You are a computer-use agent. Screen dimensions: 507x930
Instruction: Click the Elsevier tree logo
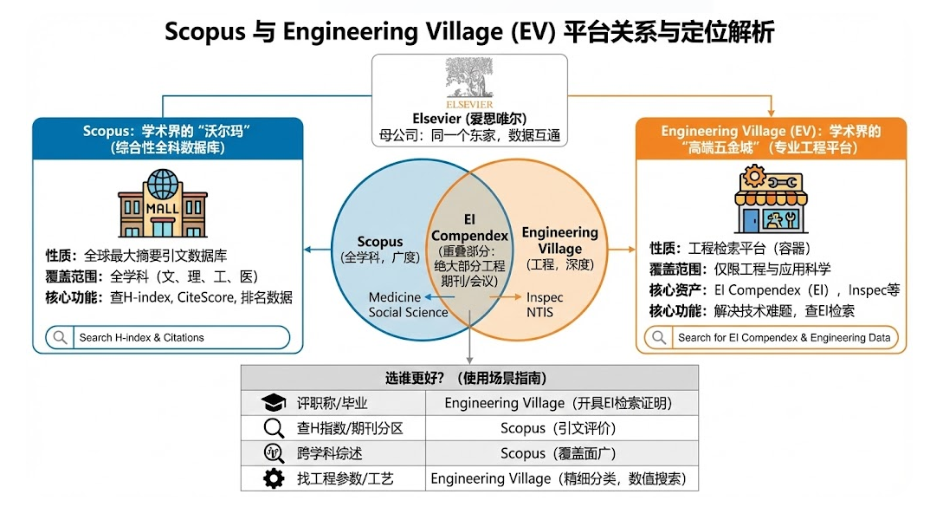[x=470, y=81]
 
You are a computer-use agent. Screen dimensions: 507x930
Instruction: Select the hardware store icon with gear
[x=771, y=199]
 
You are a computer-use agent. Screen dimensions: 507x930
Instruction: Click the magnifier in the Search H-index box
[x=61, y=337]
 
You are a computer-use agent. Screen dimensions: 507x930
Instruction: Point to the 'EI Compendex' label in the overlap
[x=469, y=228]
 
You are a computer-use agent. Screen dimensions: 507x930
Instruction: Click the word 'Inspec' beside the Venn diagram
[x=545, y=297]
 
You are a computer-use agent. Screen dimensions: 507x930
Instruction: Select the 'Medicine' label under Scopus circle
[x=395, y=297]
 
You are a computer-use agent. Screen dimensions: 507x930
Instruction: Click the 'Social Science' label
[x=408, y=312]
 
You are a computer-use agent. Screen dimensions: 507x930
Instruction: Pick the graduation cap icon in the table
[x=274, y=403]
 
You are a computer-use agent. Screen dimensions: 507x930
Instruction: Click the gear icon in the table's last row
[x=274, y=478]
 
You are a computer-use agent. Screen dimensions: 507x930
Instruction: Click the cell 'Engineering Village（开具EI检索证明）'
[x=559, y=403]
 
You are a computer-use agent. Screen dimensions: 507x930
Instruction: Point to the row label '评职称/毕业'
[x=333, y=403]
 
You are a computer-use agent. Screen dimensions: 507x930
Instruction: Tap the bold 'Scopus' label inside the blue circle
[x=380, y=242]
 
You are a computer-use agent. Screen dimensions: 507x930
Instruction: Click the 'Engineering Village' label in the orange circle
[x=559, y=240]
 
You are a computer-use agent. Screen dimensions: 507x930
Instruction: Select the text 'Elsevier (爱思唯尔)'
[x=470, y=118]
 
